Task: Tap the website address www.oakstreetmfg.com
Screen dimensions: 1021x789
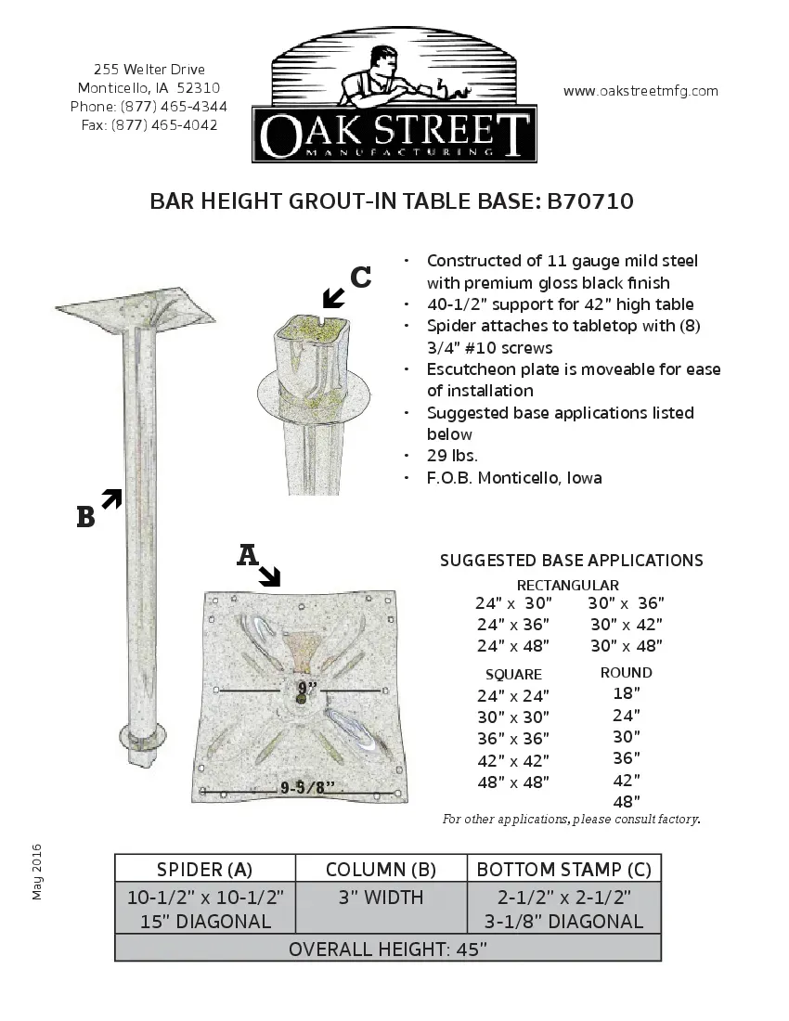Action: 640,91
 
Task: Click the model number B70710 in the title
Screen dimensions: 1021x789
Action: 589,202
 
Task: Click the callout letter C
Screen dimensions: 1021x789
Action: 361,277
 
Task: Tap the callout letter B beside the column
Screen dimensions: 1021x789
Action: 85,518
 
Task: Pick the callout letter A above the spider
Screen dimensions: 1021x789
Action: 247,555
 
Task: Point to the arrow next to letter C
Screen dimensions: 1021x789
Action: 332,297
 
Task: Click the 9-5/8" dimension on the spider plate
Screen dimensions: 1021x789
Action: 307,789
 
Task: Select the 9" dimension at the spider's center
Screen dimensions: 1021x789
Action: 307,688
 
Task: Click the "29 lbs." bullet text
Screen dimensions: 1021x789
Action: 452,456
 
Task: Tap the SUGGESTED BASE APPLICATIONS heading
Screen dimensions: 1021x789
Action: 571,561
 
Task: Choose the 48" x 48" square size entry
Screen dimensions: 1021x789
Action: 512,782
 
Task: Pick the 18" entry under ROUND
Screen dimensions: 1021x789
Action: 627,693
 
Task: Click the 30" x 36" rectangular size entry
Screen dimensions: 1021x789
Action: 626,603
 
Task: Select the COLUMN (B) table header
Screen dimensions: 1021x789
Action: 381,870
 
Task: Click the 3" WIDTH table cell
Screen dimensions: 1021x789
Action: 381,898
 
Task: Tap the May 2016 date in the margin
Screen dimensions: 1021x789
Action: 38,872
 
